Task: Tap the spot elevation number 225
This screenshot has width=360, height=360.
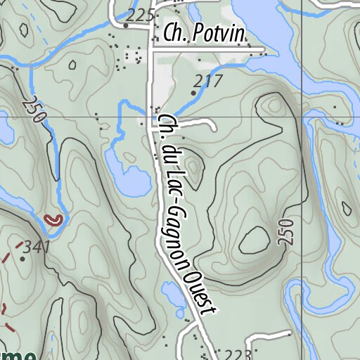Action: pyautogui.click(x=141, y=15)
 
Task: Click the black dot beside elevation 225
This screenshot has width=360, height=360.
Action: pyautogui.click(x=126, y=25)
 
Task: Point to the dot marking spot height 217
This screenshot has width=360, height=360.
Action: pyautogui.click(x=194, y=92)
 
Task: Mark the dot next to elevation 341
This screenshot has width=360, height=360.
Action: pyautogui.click(x=22, y=259)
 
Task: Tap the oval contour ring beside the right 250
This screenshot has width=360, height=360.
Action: pyautogui.click(x=254, y=240)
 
